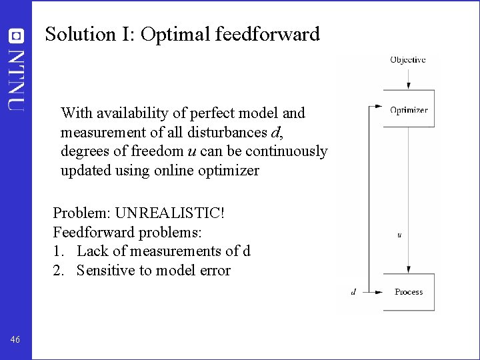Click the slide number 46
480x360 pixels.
(15, 341)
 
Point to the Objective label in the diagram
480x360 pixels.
(407, 60)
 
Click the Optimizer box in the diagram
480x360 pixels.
(408, 109)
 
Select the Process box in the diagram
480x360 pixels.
(408, 292)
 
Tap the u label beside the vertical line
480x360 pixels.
(399, 235)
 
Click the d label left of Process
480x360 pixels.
(353, 291)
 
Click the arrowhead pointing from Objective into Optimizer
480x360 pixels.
(408, 87)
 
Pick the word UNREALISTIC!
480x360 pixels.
(170, 214)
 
